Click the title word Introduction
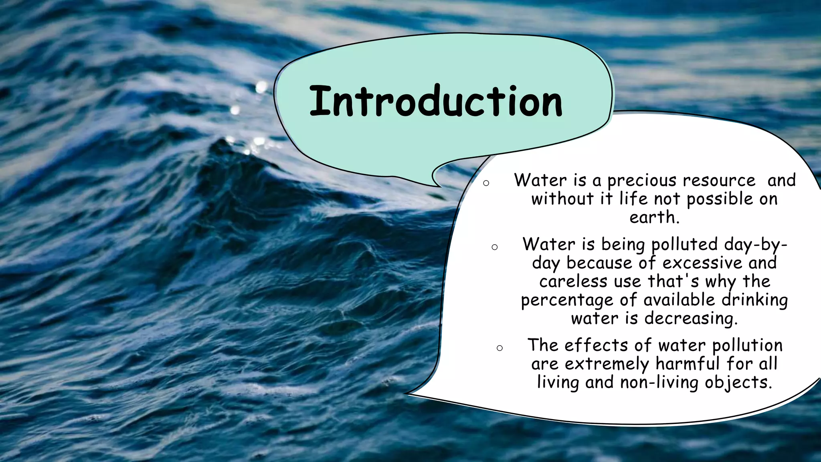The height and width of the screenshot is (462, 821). tap(436, 101)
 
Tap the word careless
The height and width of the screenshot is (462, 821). tap(573, 282)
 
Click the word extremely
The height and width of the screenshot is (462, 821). tap(607, 364)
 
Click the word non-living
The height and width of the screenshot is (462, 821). tap(659, 383)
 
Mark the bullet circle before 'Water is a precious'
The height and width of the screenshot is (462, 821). tap(486, 183)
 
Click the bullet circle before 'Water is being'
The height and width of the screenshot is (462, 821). tap(494, 247)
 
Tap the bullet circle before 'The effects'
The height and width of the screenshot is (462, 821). tap(499, 348)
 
